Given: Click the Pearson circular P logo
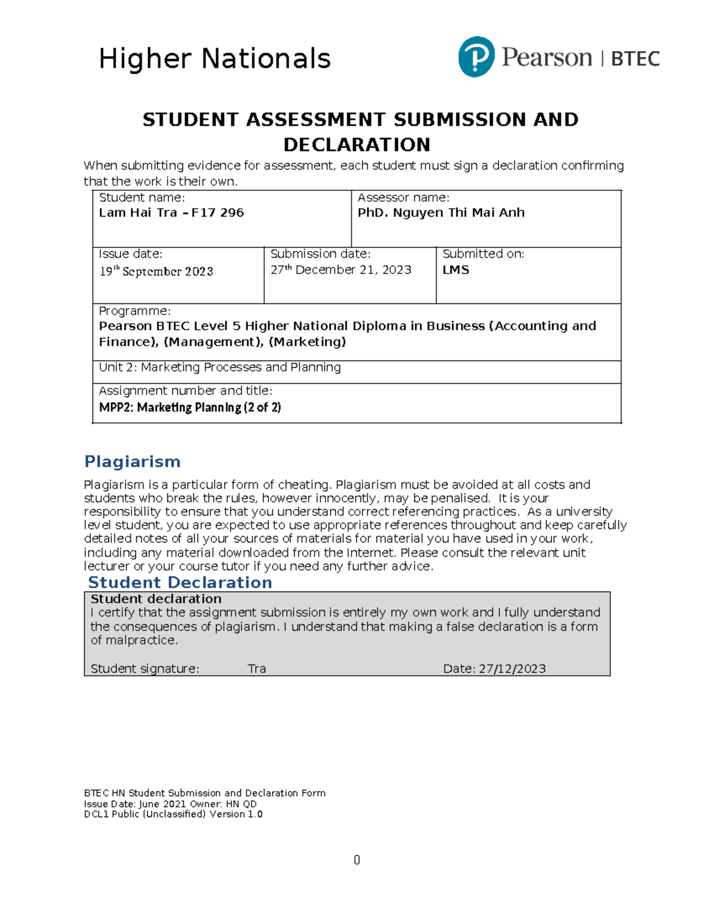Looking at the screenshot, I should point(476,57).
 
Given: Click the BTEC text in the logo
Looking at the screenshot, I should point(635,59).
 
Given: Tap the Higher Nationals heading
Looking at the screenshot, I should point(214,59).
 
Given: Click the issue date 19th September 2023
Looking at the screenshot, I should point(156,271).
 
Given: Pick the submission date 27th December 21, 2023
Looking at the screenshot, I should point(341,270).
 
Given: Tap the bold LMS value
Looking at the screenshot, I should point(456,270).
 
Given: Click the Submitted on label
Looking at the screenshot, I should point(483,254).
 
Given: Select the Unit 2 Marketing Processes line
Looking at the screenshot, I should point(220,367).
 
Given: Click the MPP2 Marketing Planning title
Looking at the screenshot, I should point(190,408).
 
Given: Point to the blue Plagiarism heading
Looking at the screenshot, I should point(132,462).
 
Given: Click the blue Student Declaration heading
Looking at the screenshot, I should point(180,582).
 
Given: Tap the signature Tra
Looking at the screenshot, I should point(256,669).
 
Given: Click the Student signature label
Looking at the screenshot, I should point(145,669).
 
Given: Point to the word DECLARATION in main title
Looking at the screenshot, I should point(356,145).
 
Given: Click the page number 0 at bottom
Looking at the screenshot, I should point(356,860).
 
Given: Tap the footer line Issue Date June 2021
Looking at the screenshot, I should point(170,804).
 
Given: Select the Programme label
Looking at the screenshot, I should point(134,311).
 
